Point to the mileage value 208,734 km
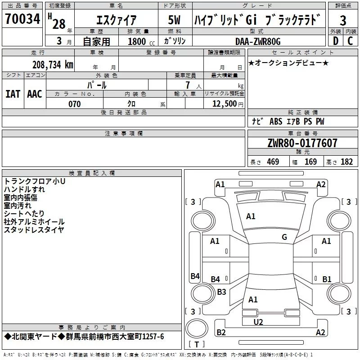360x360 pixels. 53,65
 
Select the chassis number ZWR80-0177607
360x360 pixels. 302,143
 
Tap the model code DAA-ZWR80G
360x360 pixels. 257,41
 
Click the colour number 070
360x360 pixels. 74,104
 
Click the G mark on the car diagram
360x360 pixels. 284,237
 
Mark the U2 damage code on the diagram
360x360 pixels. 258,322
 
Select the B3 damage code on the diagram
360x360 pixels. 221,292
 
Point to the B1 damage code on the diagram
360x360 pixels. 327,279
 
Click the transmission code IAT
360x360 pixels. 13,94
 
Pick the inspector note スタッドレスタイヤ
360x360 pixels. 34,229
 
